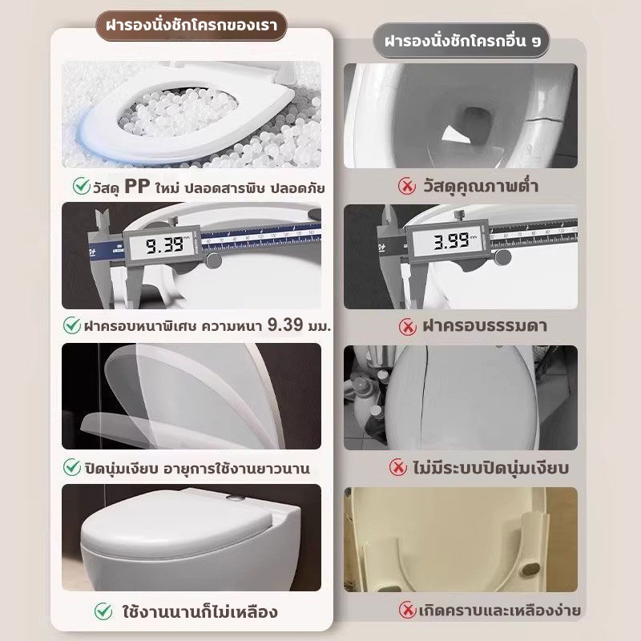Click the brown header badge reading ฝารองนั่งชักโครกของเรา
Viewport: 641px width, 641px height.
point(191,26)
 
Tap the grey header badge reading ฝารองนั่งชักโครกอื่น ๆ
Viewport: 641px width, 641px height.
point(462,41)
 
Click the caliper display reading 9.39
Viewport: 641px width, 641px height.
point(163,245)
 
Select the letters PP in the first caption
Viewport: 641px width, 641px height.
point(137,187)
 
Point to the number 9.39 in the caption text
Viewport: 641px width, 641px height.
point(285,325)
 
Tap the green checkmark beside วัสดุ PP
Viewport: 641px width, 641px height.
point(82,186)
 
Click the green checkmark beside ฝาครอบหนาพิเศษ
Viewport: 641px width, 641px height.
point(72,325)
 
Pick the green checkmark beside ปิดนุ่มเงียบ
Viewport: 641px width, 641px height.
point(72,467)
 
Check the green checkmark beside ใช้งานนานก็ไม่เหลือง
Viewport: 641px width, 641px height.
point(103,611)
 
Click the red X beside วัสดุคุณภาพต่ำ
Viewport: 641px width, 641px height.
point(407,187)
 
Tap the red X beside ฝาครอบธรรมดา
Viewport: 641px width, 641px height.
point(407,326)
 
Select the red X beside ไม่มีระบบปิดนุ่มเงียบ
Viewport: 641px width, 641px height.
point(397,467)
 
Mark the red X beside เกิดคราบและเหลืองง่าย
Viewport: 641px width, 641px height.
point(407,610)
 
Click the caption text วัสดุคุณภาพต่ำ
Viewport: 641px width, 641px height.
point(481,187)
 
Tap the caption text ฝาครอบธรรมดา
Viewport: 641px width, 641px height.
point(485,325)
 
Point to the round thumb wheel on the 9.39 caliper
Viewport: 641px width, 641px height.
point(213,260)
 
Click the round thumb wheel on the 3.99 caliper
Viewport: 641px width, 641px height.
point(502,256)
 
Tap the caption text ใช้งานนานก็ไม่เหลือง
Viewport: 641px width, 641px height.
point(200,612)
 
